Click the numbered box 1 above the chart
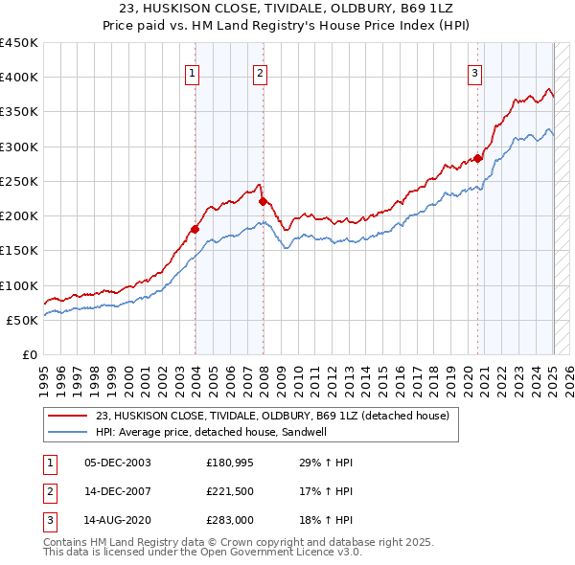point(193,72)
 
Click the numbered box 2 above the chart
point(261,72)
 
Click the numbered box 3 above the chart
point(474,72)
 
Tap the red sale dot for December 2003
point(195,229)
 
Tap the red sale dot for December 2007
point(263,201)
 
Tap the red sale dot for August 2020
point(478,159)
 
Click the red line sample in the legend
point(67,416)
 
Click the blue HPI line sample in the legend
point(67,432)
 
